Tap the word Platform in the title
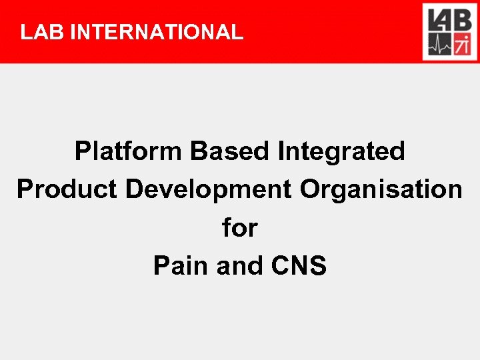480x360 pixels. (x=129, y=152)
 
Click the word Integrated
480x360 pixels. (x=341, y=152)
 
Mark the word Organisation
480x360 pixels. (x=381, y=190)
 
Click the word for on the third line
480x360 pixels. (x=239, y=228)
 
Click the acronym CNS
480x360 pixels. (x=299, y=266)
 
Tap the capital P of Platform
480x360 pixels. (x=83, y=152)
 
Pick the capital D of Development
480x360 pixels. (x=134, y=190)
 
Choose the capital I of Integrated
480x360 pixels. (x=281, y=152)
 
